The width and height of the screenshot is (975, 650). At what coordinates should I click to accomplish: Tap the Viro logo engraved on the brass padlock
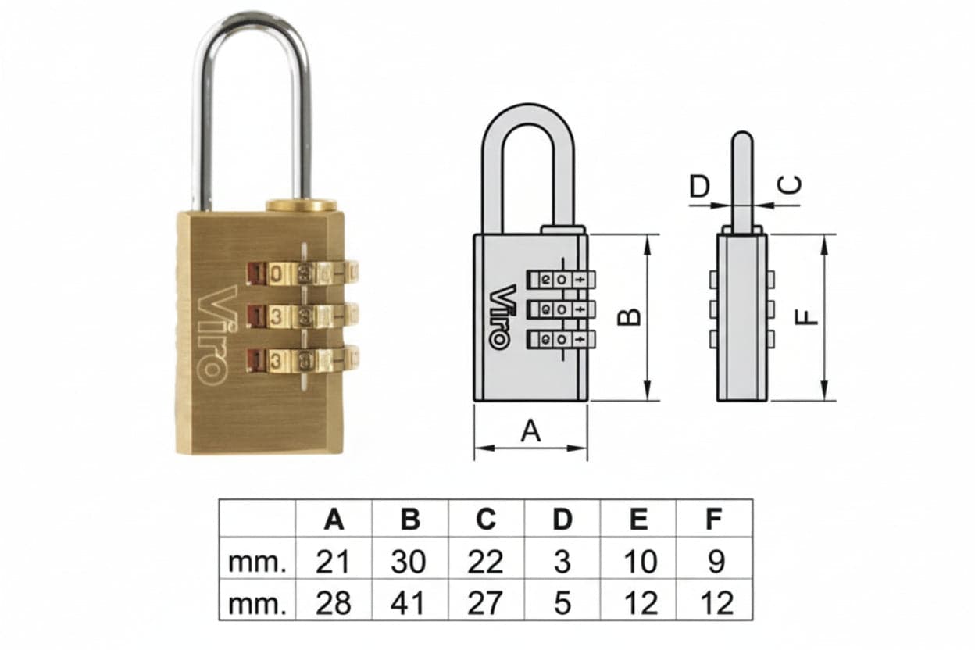click(213, 335)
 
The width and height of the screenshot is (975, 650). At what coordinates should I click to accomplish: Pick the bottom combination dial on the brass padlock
click(302, 360)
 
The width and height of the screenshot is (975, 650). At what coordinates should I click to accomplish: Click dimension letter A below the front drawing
click(530, 430)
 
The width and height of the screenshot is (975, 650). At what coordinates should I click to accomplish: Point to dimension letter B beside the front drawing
click(630, 317)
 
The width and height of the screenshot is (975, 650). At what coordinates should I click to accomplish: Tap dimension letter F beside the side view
click(806, 317)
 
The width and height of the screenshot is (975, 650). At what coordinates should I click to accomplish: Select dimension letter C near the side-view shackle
click(789, 184)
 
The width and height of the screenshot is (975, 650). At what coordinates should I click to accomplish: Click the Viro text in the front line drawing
click(504, 317)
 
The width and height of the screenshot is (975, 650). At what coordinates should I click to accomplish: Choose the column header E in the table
click(638, 519)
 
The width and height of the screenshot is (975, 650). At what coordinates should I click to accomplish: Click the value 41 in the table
click(408, 603)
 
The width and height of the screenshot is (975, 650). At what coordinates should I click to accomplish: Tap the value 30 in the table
click(409, 562)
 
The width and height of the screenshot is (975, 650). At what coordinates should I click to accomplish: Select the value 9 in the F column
click(716, 562)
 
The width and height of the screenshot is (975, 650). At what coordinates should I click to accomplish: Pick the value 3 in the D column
click(562, 562)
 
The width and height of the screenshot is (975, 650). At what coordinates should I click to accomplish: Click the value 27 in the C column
click(485, 603)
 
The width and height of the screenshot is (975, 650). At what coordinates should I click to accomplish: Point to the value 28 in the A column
click(333, 603)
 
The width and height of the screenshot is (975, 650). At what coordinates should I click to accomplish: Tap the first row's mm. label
click(257, 563)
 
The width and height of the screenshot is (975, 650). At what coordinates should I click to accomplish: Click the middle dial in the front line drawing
click(561, 309)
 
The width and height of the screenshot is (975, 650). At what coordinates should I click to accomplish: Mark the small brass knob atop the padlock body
click(302, 205)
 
